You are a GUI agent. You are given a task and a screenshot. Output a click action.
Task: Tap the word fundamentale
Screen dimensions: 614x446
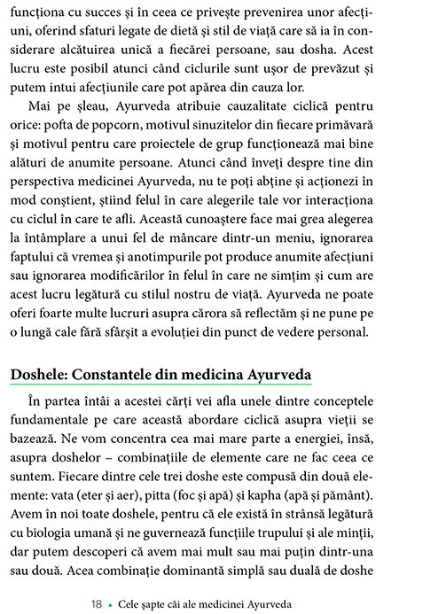53,417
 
